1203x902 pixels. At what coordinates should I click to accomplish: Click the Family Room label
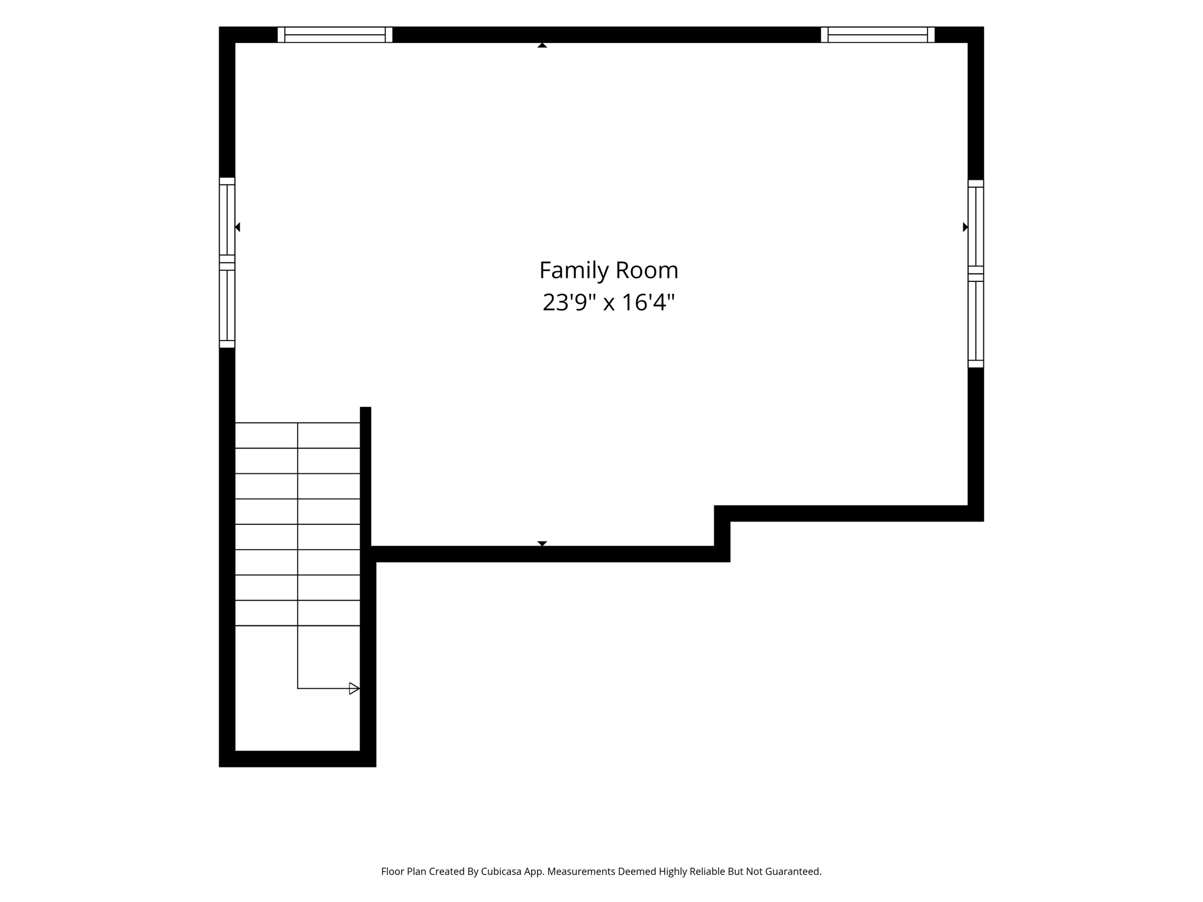(609, 271)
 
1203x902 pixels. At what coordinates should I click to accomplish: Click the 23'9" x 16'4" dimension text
(609, 302)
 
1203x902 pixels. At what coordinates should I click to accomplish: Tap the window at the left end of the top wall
(335, 35)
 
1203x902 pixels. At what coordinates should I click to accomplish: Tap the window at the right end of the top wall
(878, 35)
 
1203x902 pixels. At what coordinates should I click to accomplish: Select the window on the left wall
(227, 262)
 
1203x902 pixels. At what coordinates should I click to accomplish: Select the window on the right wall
(976, 274)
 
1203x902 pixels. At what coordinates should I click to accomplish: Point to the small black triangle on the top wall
(542, 45)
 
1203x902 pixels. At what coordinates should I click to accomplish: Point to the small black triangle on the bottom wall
(542, 543)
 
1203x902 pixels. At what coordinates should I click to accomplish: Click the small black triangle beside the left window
(237, 227)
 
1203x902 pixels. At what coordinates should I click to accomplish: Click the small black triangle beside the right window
(965, 227)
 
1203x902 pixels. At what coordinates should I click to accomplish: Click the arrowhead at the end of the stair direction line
(354, 688)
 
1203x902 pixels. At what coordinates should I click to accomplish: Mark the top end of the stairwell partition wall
(365, 407)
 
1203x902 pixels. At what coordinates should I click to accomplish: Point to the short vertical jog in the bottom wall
(722, 533)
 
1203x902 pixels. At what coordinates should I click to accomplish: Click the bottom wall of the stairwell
(297, 759)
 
